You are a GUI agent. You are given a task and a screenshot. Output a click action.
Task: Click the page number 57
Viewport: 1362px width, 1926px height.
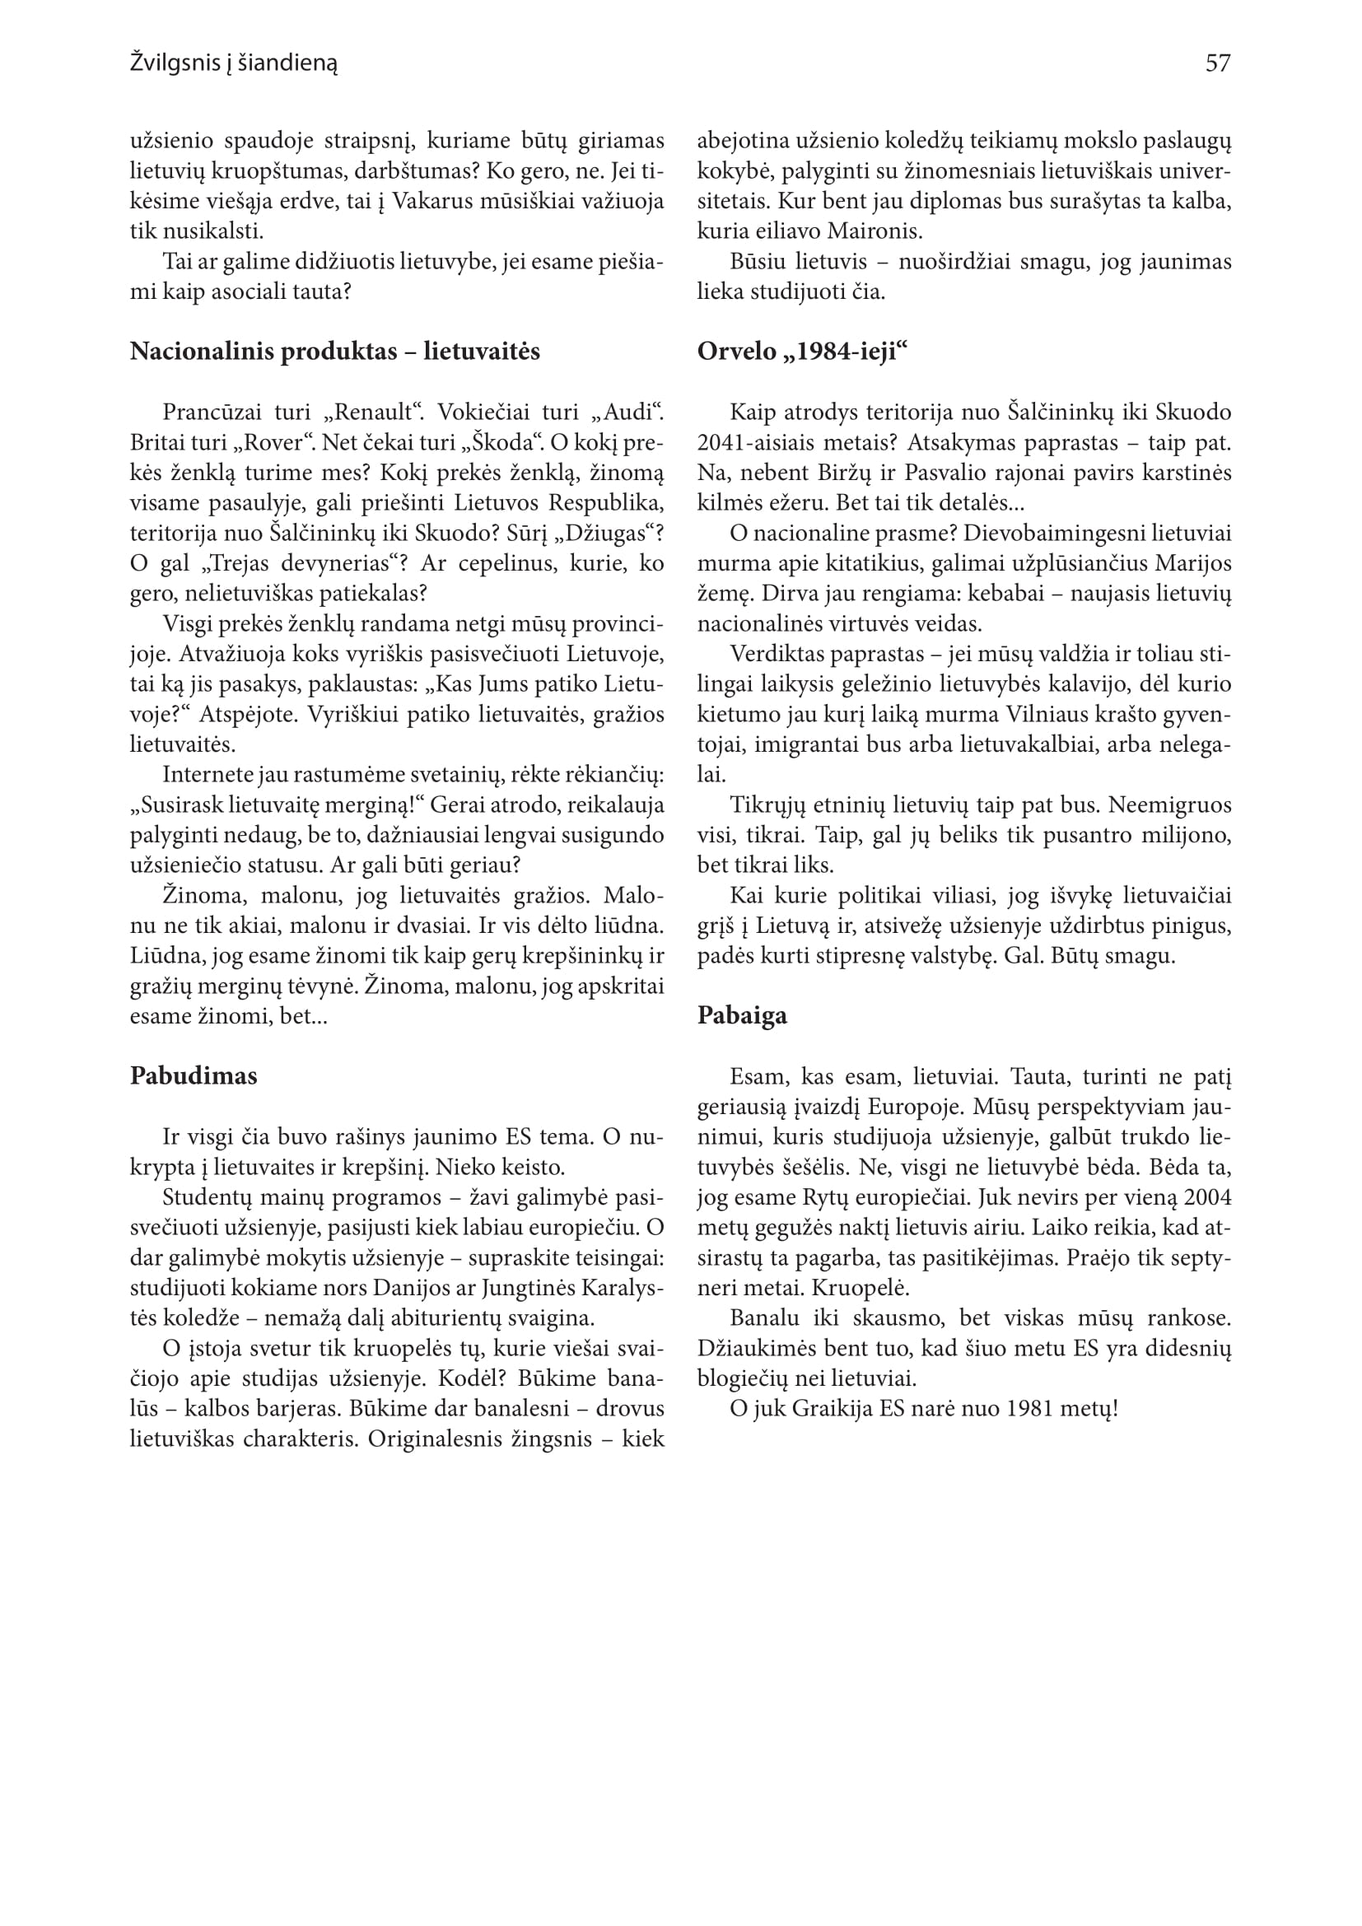coord(1218,63)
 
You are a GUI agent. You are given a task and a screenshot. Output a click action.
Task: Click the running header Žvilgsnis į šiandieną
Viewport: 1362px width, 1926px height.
coord(234,63)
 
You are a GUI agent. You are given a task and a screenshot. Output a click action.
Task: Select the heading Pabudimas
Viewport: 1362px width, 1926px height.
coord(194,1075)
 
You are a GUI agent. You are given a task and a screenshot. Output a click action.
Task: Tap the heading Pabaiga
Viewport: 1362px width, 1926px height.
coord(742,1015)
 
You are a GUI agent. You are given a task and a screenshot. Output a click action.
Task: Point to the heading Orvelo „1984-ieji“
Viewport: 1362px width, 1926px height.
coord(803,351)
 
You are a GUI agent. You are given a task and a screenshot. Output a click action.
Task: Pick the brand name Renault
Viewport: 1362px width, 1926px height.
coord(372,412)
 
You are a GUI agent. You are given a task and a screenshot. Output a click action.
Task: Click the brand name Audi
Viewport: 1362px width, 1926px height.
coord(625,412)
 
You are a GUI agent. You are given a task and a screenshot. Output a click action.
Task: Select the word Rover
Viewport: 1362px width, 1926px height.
coord(273,442)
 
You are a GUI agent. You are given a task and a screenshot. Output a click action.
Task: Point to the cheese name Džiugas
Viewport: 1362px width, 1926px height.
coord(608,533)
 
